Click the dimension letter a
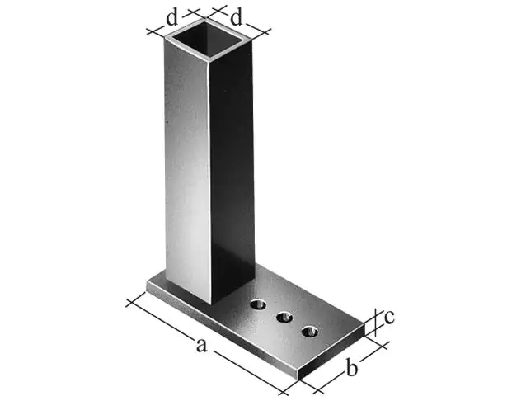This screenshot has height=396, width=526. click(x=200, y=346)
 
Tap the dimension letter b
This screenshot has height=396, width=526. click(x=350, y=369)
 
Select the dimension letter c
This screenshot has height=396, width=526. click(x=390, y=316)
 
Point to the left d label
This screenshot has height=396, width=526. click(x=171, y=16)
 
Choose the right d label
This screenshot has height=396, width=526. click(x=236, y=16)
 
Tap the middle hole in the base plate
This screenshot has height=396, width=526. click(x=285, y=317)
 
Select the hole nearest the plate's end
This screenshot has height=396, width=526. click(x=309, y=331)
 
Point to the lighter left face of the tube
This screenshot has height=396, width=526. click(x=186, y=165)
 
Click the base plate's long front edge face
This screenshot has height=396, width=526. click(x=223, y=334)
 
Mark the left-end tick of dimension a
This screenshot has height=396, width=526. click(x=130, y=302)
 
